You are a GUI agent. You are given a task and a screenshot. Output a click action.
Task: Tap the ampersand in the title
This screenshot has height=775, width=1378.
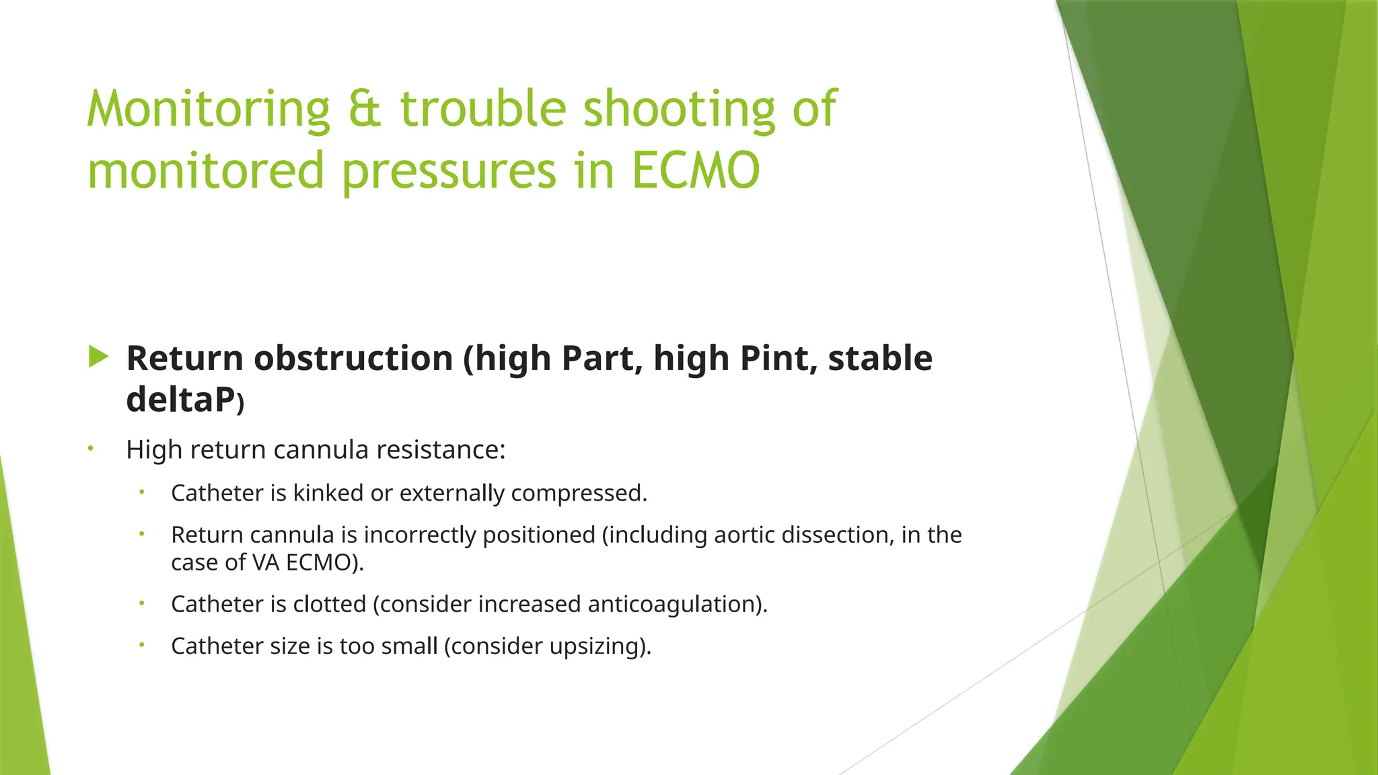365,109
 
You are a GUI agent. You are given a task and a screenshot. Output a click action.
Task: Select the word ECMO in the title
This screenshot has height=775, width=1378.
695,171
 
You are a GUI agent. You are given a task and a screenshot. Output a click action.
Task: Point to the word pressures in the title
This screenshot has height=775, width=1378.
449,171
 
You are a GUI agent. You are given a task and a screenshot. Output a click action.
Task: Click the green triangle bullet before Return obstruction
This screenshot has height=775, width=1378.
98,357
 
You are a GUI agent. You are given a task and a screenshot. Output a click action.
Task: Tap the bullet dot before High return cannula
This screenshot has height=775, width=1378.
90,448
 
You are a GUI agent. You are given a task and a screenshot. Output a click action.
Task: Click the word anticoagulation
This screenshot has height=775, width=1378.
676,604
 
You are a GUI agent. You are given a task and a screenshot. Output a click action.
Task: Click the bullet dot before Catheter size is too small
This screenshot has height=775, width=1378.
142,644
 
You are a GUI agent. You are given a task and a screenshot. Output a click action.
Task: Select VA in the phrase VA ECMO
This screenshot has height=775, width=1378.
266,562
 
